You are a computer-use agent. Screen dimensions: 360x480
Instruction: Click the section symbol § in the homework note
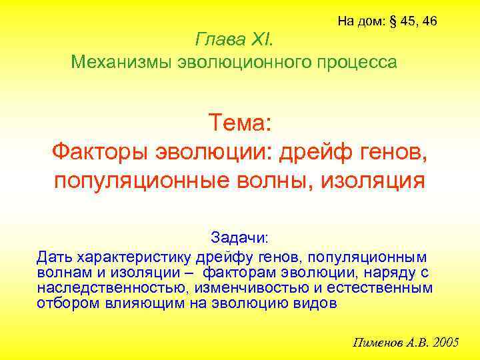[391, 21]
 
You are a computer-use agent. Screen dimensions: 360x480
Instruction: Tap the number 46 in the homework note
[429, 21]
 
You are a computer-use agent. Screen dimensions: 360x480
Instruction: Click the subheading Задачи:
[239, 238]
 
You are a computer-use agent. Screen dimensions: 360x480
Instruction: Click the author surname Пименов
[376, 343]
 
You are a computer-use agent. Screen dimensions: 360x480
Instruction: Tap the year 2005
[445, 343]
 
